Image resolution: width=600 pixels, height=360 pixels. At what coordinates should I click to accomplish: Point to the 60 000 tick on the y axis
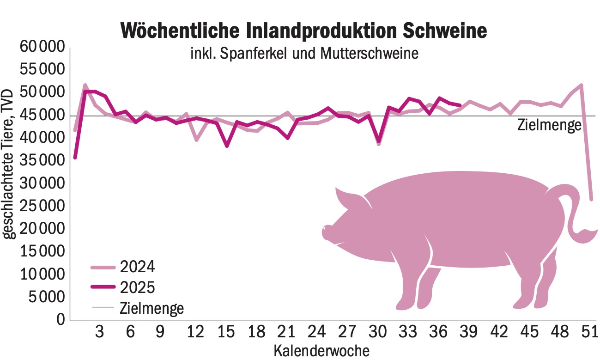pyautogui.click(x=42, y=47)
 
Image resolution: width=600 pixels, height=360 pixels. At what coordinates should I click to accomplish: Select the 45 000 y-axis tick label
pyautogui.click(x=42, y=116)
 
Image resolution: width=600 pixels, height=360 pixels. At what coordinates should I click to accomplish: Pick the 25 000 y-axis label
pyautogui.click(x=42, y=206)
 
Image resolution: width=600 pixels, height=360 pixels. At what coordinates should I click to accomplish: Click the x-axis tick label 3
pyautogui.click(x=99, y=333)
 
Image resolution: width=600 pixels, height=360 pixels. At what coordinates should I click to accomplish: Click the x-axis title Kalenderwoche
pyautogui.click(x=321, y=350)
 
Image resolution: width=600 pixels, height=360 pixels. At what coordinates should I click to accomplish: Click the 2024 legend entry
pyautogui.click(x=137, y=267)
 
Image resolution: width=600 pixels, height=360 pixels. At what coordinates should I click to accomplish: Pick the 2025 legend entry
pyautogui.click(x=137, y=287)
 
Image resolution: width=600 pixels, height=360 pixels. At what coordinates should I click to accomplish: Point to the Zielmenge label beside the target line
pyautogui.click(x=549, y=125)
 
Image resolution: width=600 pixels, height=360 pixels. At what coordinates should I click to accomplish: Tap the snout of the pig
pyautogui.click(x=327, y=232)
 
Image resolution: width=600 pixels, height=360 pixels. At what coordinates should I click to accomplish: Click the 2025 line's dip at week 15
pyautogui.click(x=227, y=146)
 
